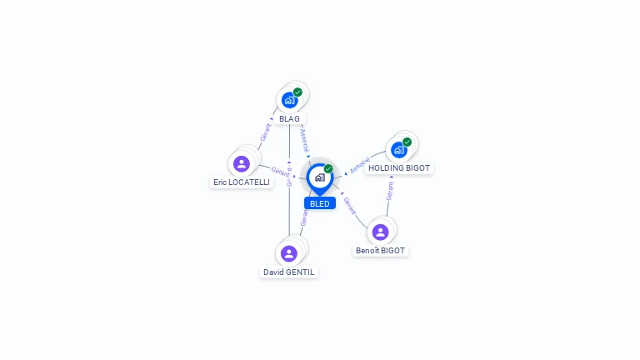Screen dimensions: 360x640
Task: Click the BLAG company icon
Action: pyautogui.click(x=289, y=100)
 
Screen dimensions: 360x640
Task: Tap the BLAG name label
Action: pyautogui.click(x=289, y=118)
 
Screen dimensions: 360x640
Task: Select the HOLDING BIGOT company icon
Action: pyautogui.click(x=399, y=150)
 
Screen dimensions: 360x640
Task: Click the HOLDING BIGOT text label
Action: pyautogui.click(x=399, y=167)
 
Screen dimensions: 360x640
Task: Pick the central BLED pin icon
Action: pyautogui.click(x=319, y=177)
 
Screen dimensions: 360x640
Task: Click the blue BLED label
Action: pyautogui.click(x=319, y=203)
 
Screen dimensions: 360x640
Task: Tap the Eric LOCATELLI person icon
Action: pyautogui.click(x=242, y=163)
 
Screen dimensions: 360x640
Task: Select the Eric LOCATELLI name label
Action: pyautogui.click(x=242, y=182)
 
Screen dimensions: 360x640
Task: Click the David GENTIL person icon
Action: pyautogui.click(x=289, y=253)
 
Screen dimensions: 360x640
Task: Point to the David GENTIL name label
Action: pyautogui.click(x=289, y=272)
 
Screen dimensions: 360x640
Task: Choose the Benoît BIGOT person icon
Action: pyautogui.click(x=380, y=232)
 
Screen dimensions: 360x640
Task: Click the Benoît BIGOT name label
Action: pyautogui.click(x=380, y=250)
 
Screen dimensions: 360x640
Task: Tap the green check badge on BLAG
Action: pyautogui.click(x=297, y=92)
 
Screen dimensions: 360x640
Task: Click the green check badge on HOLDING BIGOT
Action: pyautogui.click(x=407, y=142)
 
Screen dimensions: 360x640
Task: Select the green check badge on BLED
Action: pyautogui.click(x=328, y=169)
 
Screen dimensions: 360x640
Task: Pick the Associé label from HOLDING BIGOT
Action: pyautogui.click(x=358, y=167)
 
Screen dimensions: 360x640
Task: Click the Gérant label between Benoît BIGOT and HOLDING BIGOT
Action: pyautogui.click(x=390, y=191)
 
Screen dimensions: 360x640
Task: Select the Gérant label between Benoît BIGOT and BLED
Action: pyautogui.click(x=350, y=206)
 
